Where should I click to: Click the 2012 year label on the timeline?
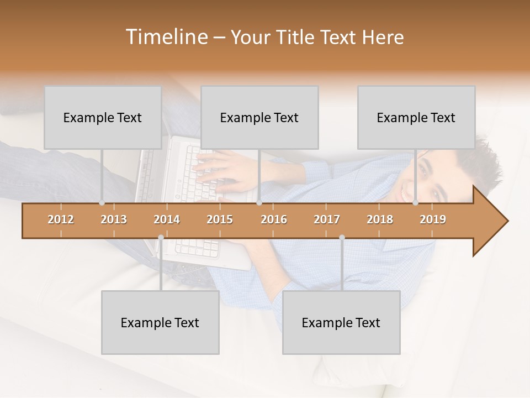pos(61,219)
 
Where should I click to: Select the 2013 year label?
pos(114,219)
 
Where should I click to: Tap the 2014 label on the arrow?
pos(167,219)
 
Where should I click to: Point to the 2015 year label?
pos(220,219)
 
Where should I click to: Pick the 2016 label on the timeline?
pos(274,219)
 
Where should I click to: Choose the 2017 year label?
pos(327,219)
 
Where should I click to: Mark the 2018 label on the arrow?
pos(380,219)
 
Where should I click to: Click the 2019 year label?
pos(433,219)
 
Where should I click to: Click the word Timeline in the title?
pos(166,37)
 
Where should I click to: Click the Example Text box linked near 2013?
pos(103,117)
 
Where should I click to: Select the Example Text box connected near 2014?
pos(160,322)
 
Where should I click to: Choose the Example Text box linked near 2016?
pos(259,117)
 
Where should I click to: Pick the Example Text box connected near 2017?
pos(341,322)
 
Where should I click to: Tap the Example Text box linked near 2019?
pos(416,117)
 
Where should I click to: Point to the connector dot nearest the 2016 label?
pos(259,203)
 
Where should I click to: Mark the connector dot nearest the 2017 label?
pos(342,238)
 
